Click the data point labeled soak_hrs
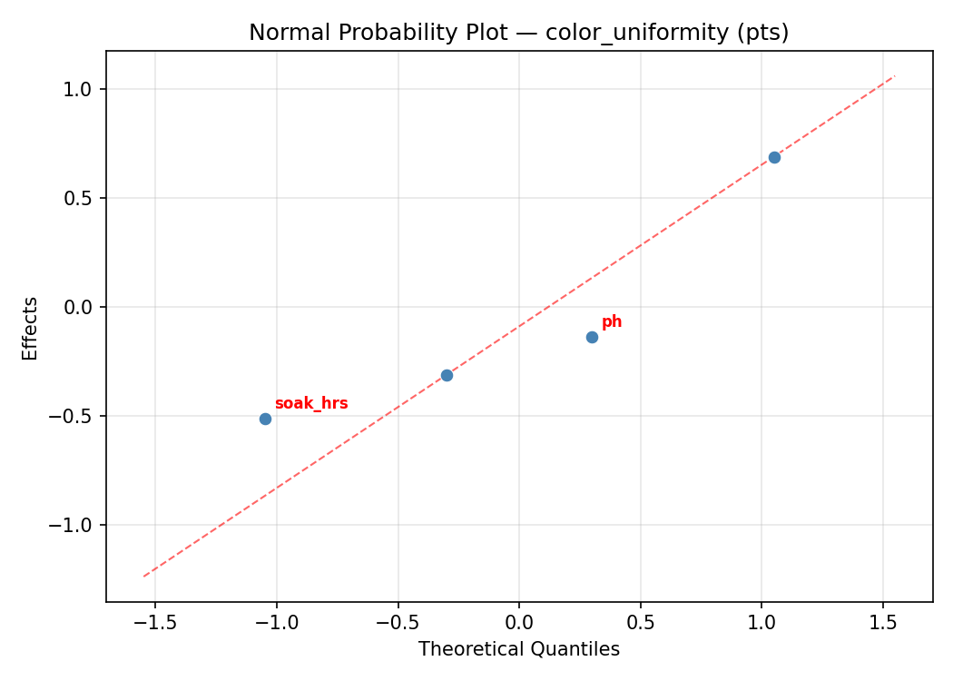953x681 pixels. pos(265,419)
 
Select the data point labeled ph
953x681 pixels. pos(592,337)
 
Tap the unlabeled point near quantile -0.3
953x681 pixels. pos(447,375)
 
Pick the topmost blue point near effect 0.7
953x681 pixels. pos(774,157)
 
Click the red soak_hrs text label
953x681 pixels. pos(311,404)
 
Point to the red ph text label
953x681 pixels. pos(612,322)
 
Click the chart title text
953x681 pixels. pos(518,33)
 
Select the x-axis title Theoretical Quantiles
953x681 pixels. pos(518,650)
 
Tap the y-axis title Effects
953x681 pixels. pos(31,328)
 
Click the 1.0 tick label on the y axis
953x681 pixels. pos(83,89)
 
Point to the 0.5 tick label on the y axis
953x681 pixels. pos(83,198)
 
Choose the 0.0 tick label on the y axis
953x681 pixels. pos(83,307)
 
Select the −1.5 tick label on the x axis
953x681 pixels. pos(154,623)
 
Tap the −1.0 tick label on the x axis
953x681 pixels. pos(276,623)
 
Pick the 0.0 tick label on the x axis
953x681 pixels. pos(518,623)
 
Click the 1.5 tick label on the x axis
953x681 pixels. pos(883,623)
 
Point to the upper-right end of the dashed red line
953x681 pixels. pos(894,76)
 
